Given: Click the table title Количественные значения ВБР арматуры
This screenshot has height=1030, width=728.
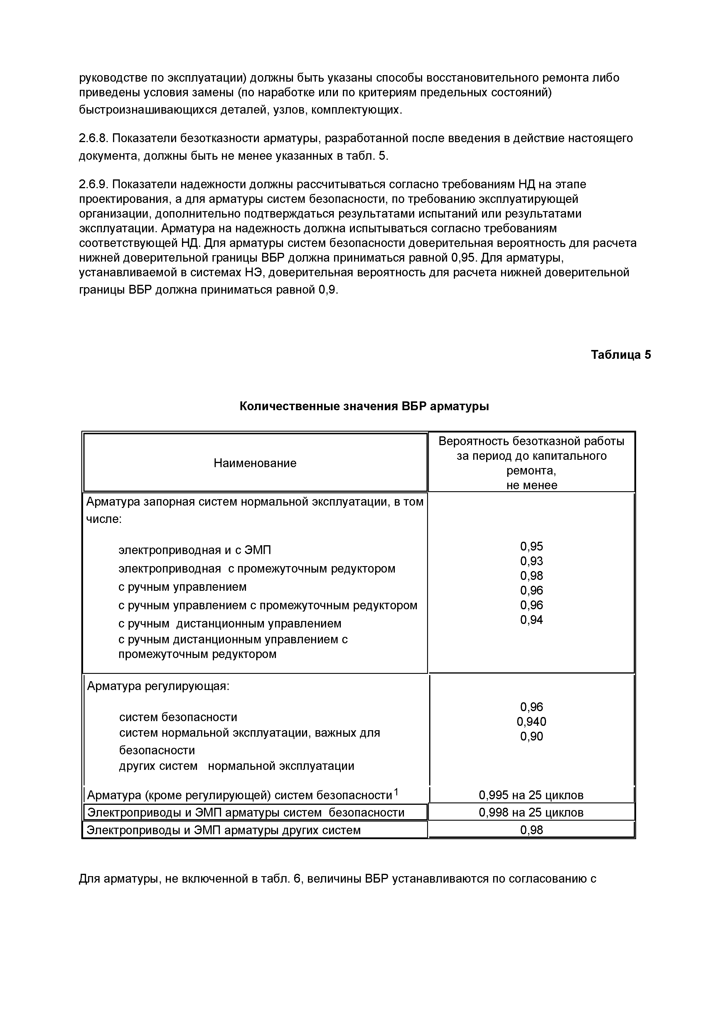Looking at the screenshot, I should coord(364,406).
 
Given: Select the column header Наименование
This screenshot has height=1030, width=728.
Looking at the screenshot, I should coord(255,463).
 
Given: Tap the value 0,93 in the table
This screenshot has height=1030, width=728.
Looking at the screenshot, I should coord(532,561).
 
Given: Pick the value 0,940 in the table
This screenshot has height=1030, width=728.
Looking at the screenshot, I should coord(532,721).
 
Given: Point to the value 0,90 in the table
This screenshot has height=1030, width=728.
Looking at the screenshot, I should coord(532,736).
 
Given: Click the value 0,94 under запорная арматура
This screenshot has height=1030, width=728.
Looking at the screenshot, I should coord(532,620).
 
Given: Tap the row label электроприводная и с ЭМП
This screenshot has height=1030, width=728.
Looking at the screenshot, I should coord(195,550).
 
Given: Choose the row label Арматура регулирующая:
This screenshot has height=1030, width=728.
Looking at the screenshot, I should coord(158,686).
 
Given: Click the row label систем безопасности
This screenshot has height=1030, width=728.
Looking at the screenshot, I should coord(178,717).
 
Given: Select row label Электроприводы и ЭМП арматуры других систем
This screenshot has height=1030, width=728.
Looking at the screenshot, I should coord(223,830).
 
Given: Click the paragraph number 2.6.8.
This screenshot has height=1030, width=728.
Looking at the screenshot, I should coord(93,138).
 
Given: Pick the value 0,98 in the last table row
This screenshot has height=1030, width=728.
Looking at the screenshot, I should coord(532,830).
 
